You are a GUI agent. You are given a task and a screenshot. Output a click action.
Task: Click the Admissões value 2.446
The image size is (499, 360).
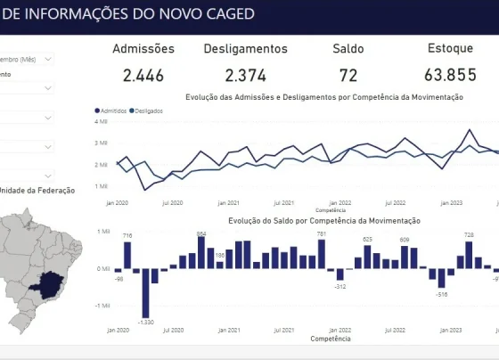point(143,76)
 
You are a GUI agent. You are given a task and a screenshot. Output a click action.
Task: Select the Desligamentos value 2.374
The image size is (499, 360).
point(245,76)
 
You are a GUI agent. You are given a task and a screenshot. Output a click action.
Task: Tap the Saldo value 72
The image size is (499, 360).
point(348,76)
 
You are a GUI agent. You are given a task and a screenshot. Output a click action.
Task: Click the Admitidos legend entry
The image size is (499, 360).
point(110,110)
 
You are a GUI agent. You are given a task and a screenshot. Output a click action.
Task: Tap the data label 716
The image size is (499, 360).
point(127,235)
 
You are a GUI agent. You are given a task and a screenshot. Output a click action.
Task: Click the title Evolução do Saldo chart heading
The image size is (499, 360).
point(323,220)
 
